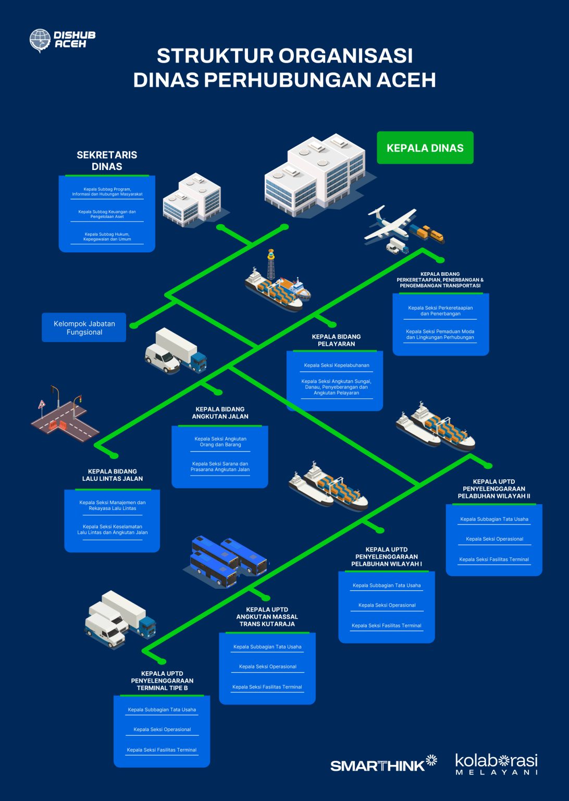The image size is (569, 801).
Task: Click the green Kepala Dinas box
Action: coord(425,148)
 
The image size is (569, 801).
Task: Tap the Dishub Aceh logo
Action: coord(63,40)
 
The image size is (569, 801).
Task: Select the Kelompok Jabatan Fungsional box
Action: coord(84,327)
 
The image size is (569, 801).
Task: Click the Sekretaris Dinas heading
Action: coord(107,161)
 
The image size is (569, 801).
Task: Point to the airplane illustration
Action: coord(390,223)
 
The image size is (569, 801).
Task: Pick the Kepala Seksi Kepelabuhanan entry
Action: coord(336,366)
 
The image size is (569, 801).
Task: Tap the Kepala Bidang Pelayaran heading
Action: coord(336,340)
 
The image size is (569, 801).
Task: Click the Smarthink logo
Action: coord(384,764)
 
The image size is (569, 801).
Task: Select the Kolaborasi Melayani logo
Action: coord(496,764)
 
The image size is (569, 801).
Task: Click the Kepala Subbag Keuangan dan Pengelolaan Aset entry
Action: coord(107,214)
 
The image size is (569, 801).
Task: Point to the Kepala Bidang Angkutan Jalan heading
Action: coord(220,413)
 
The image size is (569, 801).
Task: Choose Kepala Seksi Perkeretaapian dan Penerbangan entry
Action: coord(440,311)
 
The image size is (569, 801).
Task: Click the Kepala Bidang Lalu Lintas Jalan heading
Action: coord(113,475)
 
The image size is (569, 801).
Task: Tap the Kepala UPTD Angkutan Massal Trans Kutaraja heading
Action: coord(267,616)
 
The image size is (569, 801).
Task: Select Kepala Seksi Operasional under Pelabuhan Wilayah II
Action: coord(494,539)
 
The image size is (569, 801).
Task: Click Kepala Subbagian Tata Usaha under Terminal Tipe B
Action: coord(162,710)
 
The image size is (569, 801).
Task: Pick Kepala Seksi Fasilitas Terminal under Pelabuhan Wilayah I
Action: coord(386,626)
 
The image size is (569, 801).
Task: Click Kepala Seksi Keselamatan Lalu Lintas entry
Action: coord(113,530)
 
